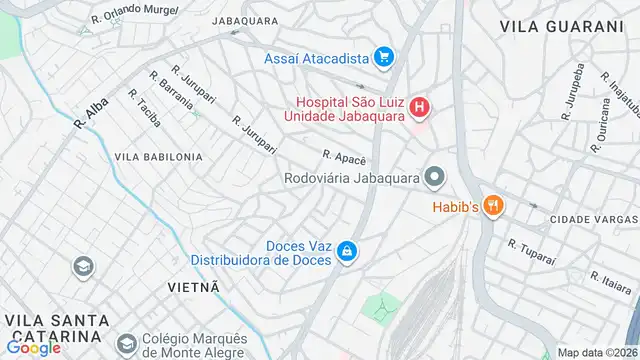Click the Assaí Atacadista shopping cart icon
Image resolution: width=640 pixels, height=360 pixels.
pos(382,58)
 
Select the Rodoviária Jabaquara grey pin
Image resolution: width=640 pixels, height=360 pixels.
pos(434,179)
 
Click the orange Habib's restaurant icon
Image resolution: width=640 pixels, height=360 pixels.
pos(492,207)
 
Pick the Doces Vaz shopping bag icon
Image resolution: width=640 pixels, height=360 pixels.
pos(346,250)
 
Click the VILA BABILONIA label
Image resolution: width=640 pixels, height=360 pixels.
pos(158,157)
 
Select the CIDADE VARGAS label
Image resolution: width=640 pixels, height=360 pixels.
pos(593,219)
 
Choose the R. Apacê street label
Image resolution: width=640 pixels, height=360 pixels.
pos(345,158)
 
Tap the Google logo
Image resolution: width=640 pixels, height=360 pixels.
pos(33,348)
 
